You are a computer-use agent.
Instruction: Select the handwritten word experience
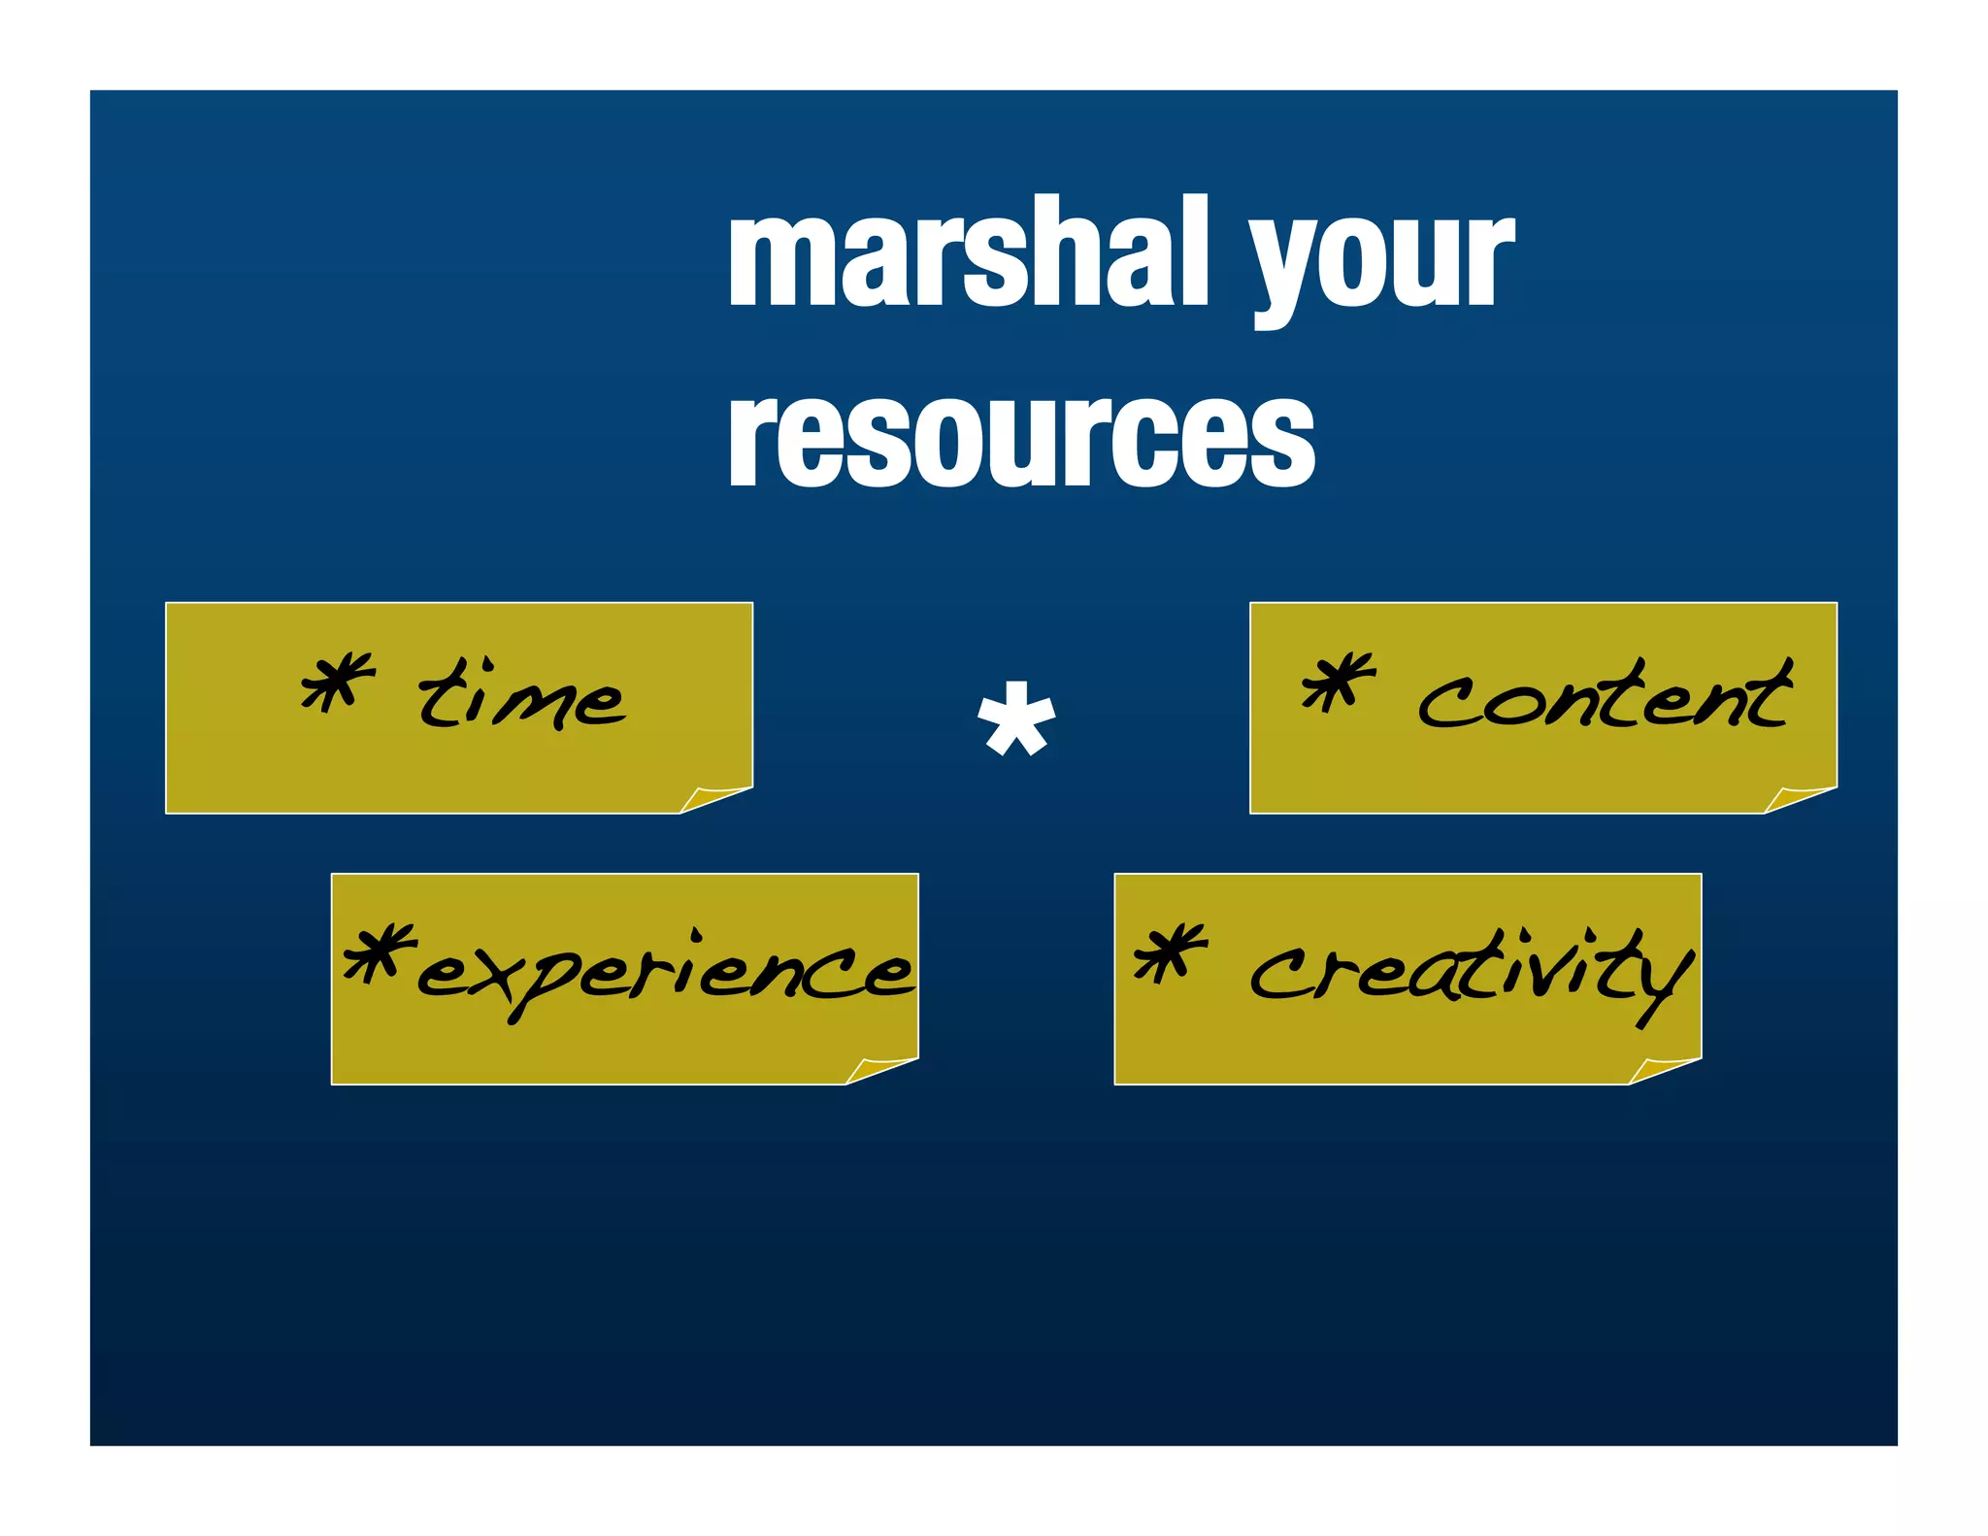(x=665, y=969)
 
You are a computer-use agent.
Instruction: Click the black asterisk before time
(x=338, y=682)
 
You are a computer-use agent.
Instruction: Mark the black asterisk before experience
(x=380, y=952)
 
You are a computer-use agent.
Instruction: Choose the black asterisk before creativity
(x=1171, y=952)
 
